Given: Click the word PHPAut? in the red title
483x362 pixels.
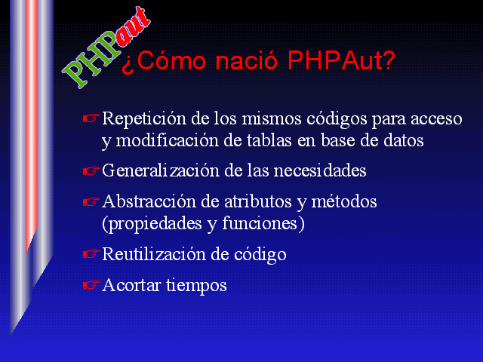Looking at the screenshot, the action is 341,60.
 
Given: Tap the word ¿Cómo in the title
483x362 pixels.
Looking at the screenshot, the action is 164,61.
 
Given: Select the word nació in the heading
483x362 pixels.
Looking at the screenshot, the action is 247,60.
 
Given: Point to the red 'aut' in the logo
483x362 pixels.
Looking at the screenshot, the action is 133,27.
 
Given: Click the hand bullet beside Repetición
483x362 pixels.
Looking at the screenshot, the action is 91,118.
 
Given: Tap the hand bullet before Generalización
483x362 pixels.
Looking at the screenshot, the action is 91,170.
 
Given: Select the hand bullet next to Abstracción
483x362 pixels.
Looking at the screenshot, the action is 91,202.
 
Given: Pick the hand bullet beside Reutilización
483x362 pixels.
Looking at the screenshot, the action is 91,254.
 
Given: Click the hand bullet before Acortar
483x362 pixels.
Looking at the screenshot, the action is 91,285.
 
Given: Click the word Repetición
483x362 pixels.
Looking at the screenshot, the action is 144,119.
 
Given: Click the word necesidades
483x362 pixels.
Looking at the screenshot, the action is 320,170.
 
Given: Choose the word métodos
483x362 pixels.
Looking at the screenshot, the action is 344,202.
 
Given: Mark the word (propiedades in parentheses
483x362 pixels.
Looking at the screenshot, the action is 152,224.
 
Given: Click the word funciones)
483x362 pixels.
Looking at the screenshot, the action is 263,223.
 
